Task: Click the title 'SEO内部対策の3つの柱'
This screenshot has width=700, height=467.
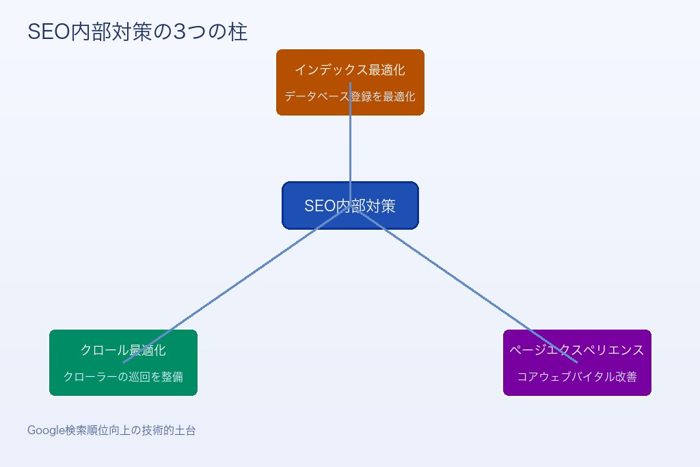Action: pos(137,32)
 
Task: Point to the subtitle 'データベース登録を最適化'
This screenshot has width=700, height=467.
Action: pos(349,96)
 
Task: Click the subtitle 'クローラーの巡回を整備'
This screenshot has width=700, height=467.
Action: pos(123,377)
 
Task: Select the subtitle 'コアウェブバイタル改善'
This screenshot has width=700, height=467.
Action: pos(577,377)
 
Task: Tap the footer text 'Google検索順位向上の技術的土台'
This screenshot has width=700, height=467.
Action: pos(111,431)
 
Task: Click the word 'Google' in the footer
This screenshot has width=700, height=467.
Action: pos(46,431)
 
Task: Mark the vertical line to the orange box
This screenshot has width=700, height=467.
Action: pos(350,150)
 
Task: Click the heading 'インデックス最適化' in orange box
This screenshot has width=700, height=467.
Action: pos(349,70)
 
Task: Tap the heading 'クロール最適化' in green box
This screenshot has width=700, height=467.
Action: pos(123,350)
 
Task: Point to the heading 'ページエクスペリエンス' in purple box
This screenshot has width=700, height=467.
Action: pos(577,350)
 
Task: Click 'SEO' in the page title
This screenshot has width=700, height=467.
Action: pos(45,32)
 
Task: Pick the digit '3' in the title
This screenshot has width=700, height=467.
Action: pos(180,32)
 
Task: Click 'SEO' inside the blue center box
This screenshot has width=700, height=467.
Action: pos(319,206)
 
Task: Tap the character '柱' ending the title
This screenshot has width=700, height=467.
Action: pos(238,32)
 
